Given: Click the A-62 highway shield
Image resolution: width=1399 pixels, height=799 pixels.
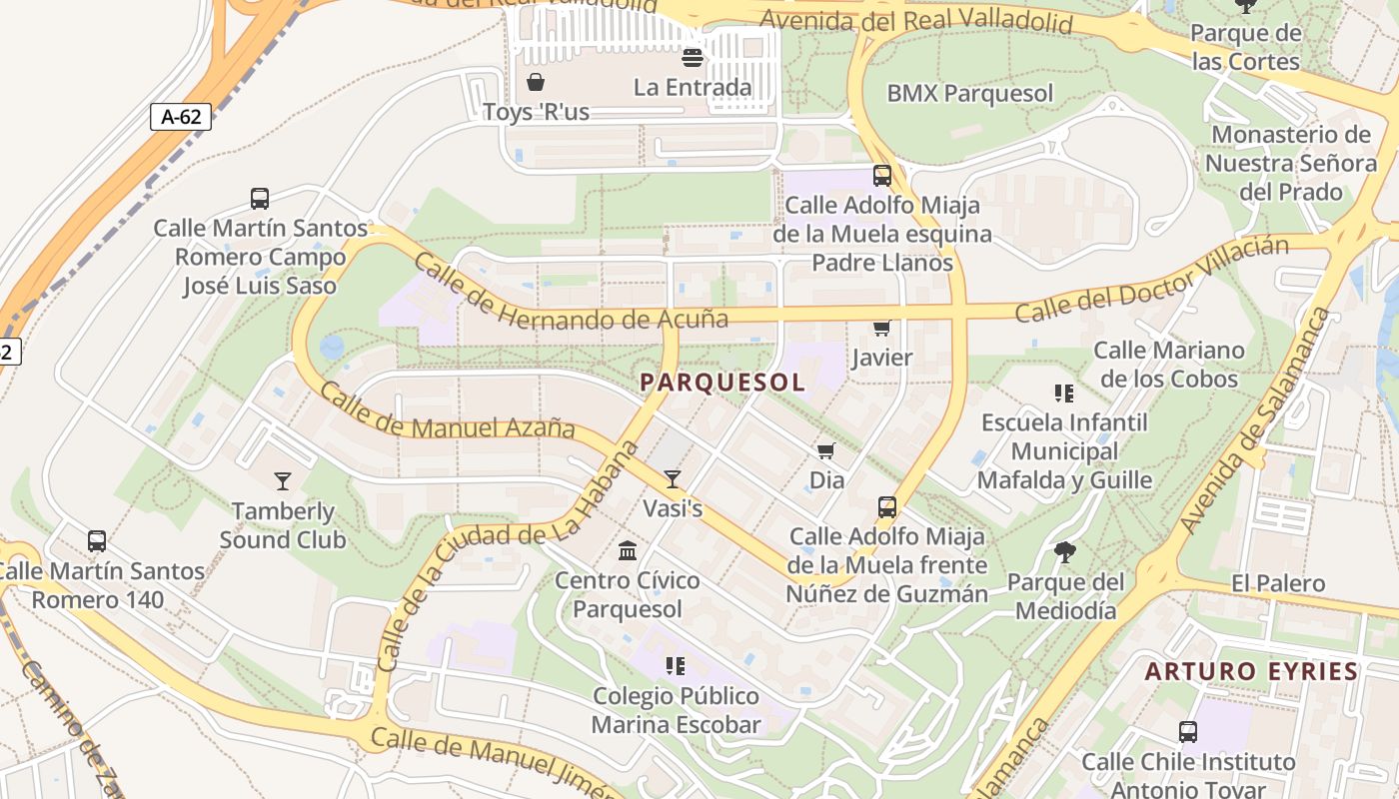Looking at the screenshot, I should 181,117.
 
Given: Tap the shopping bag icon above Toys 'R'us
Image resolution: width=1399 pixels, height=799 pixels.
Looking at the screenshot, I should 536,82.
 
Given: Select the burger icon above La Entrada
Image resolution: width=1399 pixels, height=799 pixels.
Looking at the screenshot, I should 692,58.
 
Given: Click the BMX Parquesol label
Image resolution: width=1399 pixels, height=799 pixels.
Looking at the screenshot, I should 969,94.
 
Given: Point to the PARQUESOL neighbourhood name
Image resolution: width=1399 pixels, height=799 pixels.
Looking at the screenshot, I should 722,383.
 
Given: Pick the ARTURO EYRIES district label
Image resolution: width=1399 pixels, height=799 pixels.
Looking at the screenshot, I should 1251,671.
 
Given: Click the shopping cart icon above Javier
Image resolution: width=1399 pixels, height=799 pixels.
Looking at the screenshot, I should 881,329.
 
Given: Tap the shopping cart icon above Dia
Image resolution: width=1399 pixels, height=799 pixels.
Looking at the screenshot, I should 825,451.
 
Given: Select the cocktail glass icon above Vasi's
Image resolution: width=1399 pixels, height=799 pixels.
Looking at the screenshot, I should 673,479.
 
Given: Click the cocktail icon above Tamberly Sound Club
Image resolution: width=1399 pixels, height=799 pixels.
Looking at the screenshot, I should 283,481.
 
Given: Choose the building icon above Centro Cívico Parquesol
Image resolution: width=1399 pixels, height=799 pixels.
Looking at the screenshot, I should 628,550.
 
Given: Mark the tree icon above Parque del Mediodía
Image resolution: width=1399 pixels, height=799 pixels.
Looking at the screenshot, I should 1065,551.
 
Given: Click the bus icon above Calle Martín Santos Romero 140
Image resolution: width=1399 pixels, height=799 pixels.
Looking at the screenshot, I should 97,541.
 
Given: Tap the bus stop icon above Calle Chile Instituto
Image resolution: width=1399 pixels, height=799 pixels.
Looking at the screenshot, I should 1188,731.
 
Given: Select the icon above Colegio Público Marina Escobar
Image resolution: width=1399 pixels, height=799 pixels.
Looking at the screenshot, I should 676,665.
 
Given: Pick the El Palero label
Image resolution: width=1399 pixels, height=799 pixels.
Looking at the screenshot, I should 1278,583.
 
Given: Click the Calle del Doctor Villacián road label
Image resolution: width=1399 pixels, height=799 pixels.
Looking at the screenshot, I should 1150,281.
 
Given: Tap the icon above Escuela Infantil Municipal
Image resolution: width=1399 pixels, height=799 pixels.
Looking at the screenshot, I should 1063,394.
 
